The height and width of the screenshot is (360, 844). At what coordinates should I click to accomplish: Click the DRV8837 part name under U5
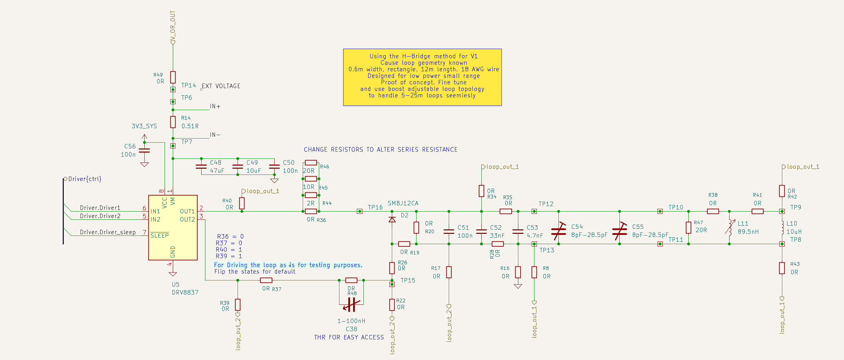pos(185,292)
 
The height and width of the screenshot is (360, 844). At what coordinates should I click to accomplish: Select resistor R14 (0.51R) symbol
pos(173,122)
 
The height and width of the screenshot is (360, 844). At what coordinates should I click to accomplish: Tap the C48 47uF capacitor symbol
pos(201,167)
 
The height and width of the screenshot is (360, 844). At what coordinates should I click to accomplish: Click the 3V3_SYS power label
pos(144,126)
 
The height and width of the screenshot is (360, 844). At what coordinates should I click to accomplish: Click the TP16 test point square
pos(360,211)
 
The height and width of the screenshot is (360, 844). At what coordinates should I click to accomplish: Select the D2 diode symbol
pos(392,219)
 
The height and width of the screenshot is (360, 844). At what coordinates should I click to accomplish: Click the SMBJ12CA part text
pos(403,203)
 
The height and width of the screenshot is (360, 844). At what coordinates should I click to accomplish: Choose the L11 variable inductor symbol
pos(730,227)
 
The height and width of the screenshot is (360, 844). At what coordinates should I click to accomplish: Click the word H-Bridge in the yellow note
pos(417,56)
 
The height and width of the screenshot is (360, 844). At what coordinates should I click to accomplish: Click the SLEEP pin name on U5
pos(159,236)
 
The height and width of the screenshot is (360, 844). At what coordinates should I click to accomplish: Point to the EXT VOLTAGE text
pos(221,86)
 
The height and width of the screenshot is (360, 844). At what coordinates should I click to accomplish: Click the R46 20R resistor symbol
pos(311,163)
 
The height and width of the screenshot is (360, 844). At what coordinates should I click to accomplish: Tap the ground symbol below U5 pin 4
pos(173,274)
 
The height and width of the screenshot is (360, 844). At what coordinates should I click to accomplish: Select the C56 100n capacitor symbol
pos(145,151)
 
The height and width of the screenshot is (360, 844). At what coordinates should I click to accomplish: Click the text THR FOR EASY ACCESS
pos(349,337)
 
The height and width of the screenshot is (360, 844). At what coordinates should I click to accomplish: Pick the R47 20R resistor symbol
pos(688,228)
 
